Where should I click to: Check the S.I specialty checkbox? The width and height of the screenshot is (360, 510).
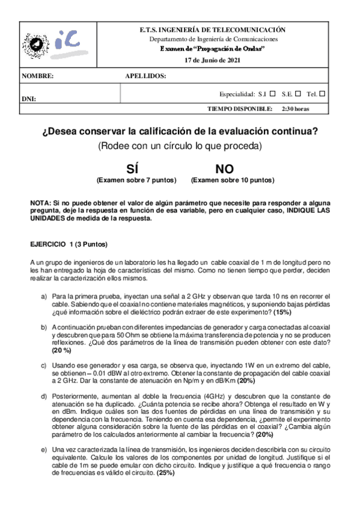point(272,94)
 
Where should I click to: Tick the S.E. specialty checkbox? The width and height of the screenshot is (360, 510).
point(298,94)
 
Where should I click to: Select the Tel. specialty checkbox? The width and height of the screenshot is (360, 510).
point(323,94)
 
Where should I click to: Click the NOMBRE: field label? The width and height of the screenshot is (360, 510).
point(38,77)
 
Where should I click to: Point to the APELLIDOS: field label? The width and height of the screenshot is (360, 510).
point(145,77)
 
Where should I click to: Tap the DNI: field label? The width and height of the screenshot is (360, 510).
point(29,98)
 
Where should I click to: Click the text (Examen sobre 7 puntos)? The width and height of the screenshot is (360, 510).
point(136,180)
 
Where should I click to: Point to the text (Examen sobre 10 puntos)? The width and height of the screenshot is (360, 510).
point(233,180)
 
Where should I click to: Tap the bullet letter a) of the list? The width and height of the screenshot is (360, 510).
point(44,296)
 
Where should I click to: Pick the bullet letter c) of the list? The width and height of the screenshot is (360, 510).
point(44,366)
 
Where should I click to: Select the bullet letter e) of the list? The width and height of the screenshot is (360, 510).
point(44,449)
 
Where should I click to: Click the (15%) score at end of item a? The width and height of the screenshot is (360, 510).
point(283,313)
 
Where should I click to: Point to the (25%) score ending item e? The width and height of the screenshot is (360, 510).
point(166,473)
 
